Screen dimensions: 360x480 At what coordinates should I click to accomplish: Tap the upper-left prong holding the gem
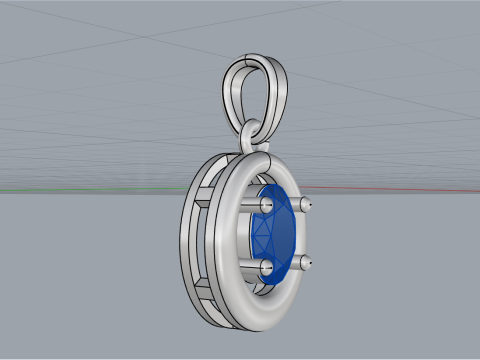[x=267, y=204]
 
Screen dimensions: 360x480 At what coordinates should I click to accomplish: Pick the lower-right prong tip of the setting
[x=304, y=264]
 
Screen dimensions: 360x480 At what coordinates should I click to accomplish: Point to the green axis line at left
[x=60, y=189]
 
